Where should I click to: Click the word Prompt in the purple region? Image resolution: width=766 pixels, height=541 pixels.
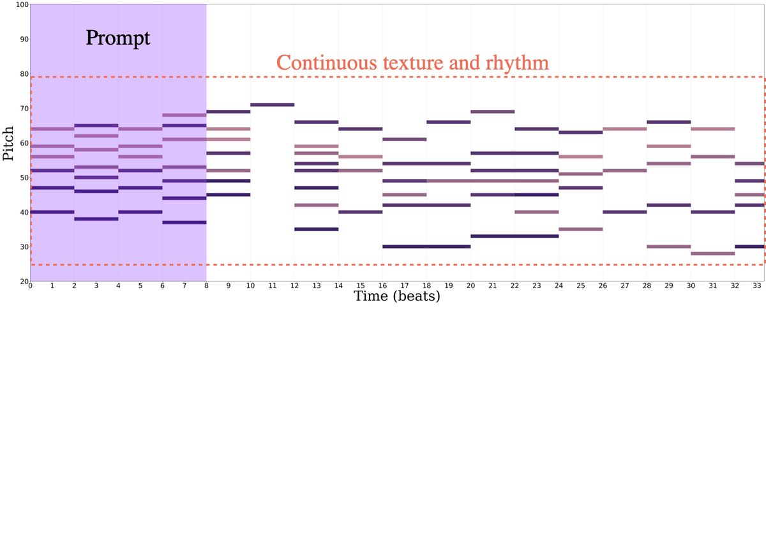point(118,38)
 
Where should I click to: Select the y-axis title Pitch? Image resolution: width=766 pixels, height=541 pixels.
point(8,142)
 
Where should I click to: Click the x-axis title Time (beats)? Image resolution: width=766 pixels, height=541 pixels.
point(397,296)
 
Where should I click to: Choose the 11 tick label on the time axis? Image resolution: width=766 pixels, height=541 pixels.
point(273,286)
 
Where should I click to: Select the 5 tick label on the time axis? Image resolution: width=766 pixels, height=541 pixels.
point(140,286)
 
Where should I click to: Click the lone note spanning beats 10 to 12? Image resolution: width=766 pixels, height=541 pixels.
point(273,105)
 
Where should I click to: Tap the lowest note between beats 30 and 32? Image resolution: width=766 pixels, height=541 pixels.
point(713,254)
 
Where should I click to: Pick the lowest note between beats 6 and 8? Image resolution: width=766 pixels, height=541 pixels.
point(184,222)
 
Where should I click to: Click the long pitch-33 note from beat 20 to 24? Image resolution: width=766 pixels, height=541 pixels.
point(514,236)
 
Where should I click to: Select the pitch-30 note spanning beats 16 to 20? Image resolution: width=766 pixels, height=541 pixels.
point(426,247)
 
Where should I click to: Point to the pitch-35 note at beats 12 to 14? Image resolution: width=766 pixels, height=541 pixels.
point(317,229)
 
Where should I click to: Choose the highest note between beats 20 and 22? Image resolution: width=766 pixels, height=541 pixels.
point(493,112)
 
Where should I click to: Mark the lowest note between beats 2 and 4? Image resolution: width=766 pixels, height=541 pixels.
point(96,219)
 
